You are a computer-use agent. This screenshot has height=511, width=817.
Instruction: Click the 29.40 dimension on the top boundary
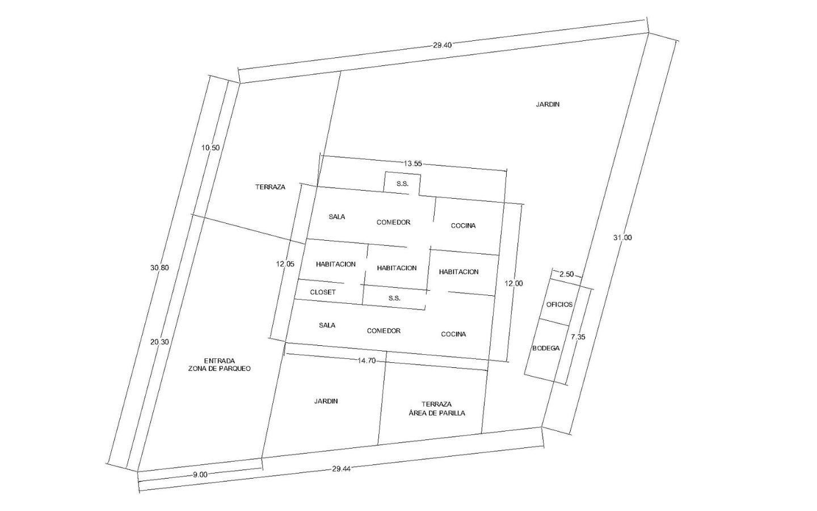pos(443,45)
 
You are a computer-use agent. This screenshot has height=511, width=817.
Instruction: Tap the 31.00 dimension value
pos(622,237)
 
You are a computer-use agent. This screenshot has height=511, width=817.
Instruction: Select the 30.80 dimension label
pos(159,267)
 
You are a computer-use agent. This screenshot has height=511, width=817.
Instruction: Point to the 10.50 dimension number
pos(210,148)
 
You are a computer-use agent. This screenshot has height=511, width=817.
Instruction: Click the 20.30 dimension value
pos(159,342)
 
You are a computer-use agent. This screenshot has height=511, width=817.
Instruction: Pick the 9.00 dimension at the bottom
pos(200,475)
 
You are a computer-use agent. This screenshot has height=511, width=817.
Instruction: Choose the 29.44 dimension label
pos(341,469)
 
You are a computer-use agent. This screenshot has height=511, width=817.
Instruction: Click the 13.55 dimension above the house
pos(412,164)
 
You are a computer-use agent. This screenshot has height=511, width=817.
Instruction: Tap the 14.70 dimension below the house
pos(366,361)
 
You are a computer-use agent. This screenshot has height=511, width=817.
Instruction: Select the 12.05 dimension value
pos(285,264)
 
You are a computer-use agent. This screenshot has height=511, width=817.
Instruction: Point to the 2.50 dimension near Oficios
pos(566,274)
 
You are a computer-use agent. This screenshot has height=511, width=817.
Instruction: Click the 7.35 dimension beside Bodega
pos(578,337)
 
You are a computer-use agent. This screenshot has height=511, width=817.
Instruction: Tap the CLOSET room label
pos(323,292)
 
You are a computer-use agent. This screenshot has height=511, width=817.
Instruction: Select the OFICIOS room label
pos(559,304)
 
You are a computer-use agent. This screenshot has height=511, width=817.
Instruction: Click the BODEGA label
pos(546,348)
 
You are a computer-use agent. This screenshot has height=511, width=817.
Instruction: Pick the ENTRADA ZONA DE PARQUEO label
pos(219,365)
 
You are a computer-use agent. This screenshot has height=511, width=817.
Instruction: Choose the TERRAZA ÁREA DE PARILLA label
pos(437,409)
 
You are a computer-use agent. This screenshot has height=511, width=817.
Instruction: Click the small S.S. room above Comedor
pos(403,184)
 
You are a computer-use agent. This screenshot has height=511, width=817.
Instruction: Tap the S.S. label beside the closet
pos(394,298)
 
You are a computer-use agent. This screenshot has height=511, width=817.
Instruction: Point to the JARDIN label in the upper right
pos(548,104)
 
